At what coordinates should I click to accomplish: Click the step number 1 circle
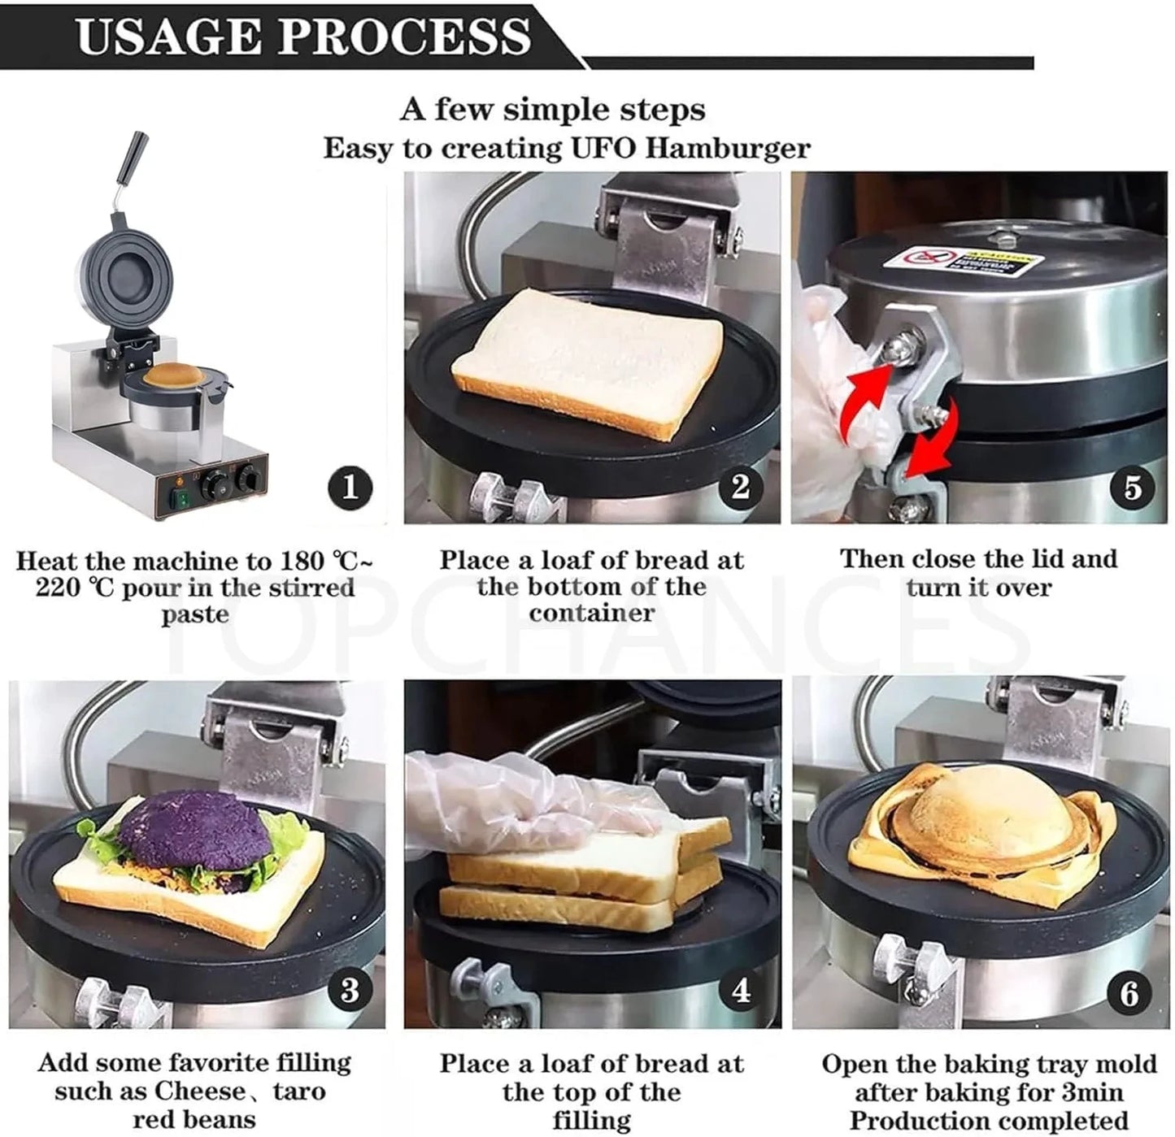click(350, 488)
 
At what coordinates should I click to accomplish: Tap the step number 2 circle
click(740, 487)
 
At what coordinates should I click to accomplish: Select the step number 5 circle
click(1133, 488)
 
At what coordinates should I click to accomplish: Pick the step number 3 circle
click(350, 991)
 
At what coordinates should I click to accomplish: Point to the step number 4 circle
click(740, 991)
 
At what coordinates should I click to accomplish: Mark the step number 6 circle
click(1129, 993)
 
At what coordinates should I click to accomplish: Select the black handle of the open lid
click(133, 158)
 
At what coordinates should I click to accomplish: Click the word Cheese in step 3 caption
click(199, 1091)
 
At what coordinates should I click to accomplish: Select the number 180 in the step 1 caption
click(302, 561)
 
